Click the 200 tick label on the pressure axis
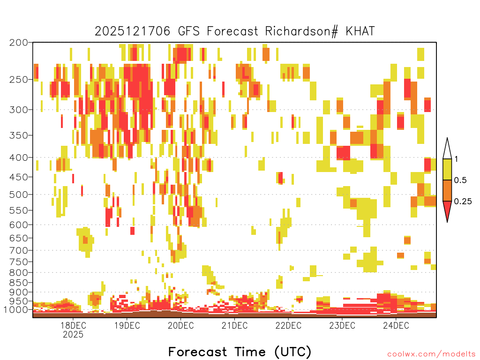(19, 43)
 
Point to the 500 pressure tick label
(19, 195)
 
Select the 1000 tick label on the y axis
(16, 310)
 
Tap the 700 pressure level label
(19, 251)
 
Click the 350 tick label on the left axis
(19, 135)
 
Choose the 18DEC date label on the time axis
(73, 325)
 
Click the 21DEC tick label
(234, 325)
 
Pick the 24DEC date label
(396, 325)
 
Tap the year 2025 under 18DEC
(73, 334)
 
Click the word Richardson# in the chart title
(301, 31)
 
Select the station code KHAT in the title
(360, 31)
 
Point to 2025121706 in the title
(132, 31)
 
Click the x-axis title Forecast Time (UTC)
(240, 352)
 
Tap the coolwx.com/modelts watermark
(431, 354)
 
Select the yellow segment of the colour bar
(447, 169)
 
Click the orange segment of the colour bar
(447, 190)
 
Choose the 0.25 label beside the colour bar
(463, 202)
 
